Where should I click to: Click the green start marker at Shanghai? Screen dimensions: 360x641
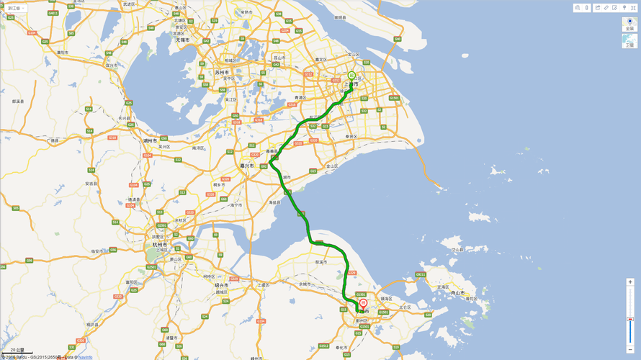tap(351, 76)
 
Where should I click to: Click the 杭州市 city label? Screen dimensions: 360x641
tap(160, 245)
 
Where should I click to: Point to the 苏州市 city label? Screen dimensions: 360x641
tap(221, 73)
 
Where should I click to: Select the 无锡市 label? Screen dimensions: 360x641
tap(182, 40)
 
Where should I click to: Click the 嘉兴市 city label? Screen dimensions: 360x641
tap(247, 166)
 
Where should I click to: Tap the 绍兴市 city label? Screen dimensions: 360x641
tap(221, 285)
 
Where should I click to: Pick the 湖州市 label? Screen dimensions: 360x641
tap(151, 140)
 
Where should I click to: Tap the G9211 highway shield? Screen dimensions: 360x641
tap(421, 274)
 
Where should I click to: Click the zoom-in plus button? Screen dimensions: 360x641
tap(630, 282)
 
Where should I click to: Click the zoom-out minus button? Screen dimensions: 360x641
tap(630, 348)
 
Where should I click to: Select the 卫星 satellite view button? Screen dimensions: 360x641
tap(630, 40)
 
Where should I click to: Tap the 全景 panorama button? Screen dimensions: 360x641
tap(630, 24)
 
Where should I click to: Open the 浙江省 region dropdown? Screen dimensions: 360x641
tap(14, 8)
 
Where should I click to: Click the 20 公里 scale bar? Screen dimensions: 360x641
tap(16, 351)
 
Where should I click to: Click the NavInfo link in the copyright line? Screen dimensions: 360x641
tap(85, 356)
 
